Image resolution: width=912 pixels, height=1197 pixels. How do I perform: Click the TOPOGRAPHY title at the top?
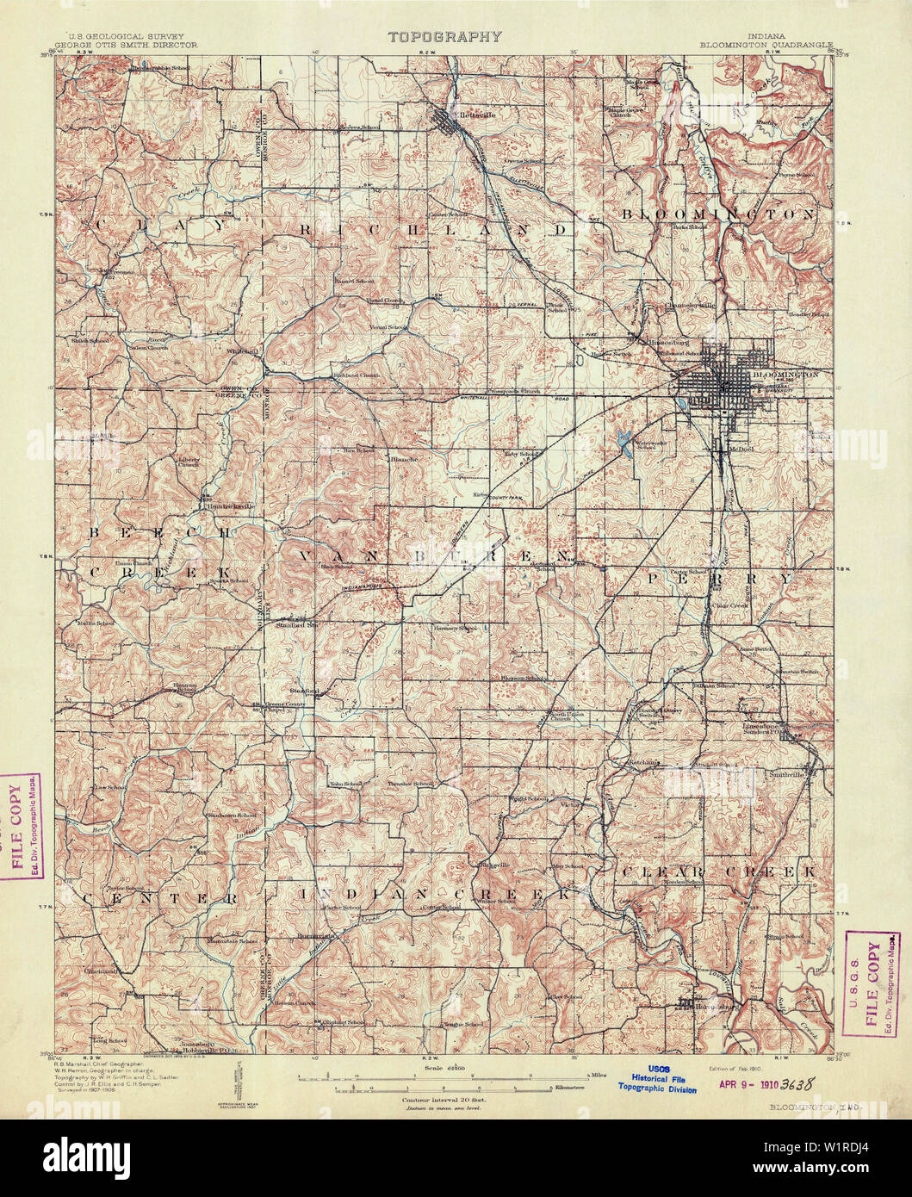pos(444,37)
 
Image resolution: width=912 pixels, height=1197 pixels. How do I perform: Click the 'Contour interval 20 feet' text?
pos(443,1101)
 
